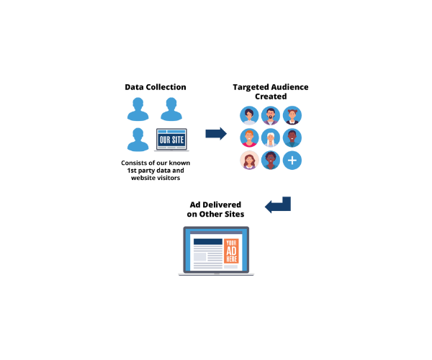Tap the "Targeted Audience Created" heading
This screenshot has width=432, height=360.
tap(270, 91)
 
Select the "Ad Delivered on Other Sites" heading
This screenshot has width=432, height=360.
tap(215, 210)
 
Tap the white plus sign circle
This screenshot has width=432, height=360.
tap(292, 161)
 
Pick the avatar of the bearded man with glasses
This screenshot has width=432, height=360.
tap(271, 115)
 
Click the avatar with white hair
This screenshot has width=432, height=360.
tap(271, 138)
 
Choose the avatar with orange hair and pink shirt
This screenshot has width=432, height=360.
tap(250, 138)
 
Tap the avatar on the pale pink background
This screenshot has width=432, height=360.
tap(250, 161)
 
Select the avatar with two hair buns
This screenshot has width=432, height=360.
tap(292, 115)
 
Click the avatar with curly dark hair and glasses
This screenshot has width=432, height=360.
tap(271, 161)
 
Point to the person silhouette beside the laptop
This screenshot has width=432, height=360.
tap(138, 138)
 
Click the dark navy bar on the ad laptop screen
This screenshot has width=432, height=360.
tap(207, 242)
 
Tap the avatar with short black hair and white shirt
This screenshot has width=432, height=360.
tap(250, 115)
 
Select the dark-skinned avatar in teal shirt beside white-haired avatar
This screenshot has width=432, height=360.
tap(292, 138)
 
